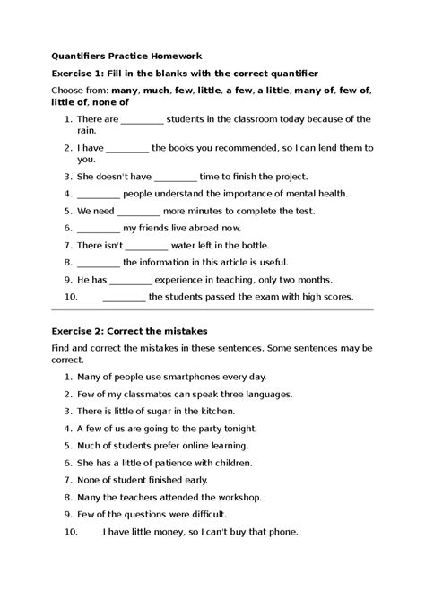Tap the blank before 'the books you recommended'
tap(126, 149)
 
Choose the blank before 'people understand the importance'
tap(98, 194)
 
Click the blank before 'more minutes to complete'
tap(139, 212)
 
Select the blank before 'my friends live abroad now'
tap(98, 229)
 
